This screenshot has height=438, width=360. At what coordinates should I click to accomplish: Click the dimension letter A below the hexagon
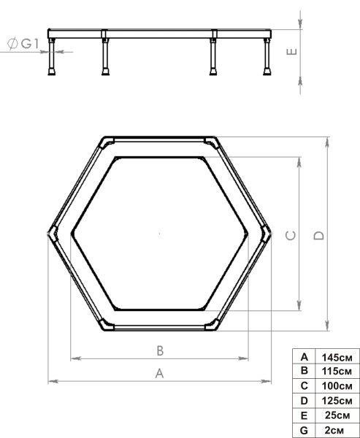159,373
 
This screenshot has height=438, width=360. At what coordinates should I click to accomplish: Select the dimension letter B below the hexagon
159,350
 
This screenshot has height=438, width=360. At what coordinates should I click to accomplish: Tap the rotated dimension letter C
290,234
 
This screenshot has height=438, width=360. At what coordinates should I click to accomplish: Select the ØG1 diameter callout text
23,45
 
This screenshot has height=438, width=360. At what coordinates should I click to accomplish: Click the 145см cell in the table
337,357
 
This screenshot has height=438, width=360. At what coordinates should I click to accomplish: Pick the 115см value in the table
337,371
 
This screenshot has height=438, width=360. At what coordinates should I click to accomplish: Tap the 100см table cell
337,385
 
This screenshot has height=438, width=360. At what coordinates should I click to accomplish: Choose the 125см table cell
337,400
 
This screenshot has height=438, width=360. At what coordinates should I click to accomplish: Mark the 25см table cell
337,415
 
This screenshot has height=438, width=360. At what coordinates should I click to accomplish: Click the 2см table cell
337,429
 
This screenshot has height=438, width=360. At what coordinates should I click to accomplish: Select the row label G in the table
303,429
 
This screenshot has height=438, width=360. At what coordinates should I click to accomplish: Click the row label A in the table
303,357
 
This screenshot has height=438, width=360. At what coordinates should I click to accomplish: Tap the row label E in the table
303,415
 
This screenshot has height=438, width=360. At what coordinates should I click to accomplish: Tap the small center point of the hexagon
159,234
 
